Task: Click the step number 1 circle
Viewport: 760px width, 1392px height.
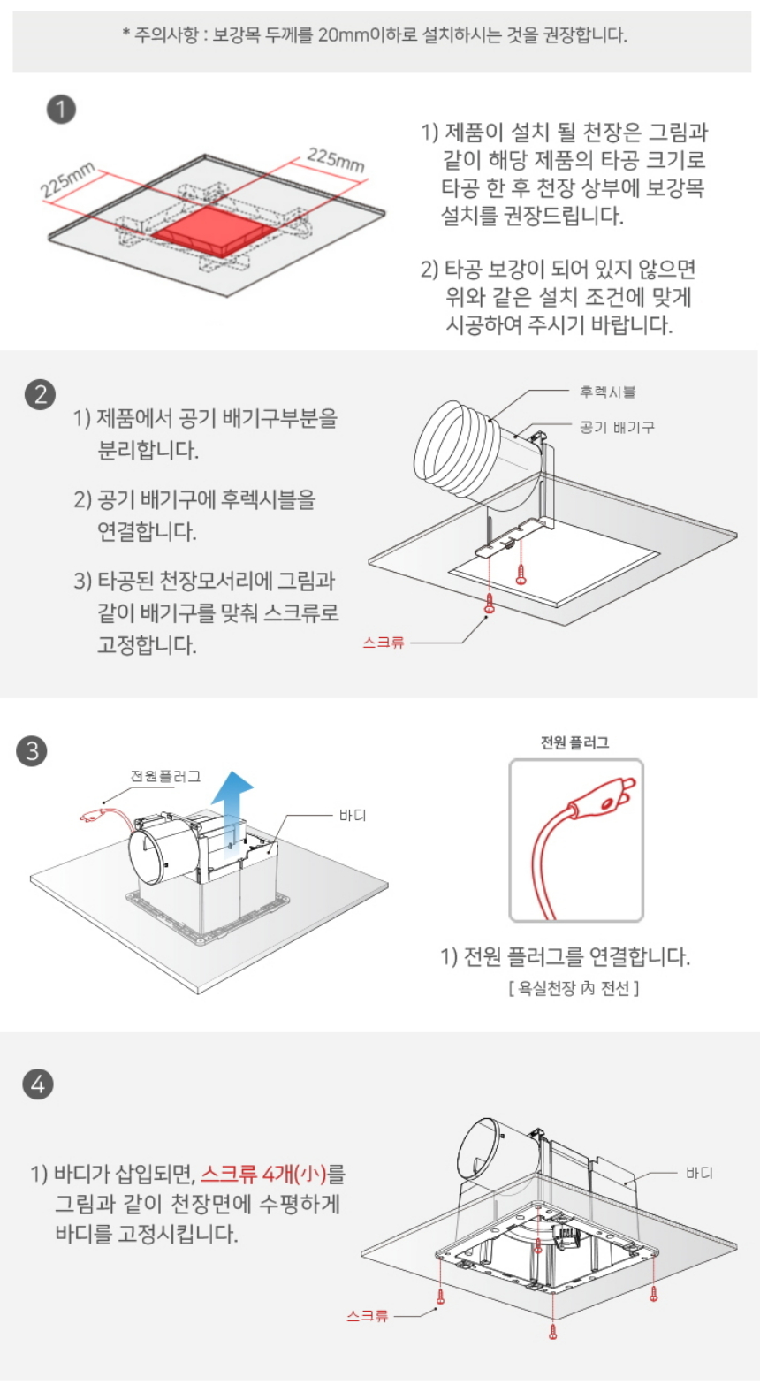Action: click(x=61, y=110)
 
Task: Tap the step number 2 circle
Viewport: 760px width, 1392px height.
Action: click(x=41, y=394)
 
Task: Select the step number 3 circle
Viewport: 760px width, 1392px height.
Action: click(x=32, y=750)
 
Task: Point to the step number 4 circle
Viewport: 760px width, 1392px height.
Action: click(x=38, y=1084)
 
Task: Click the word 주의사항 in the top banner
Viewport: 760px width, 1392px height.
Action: click(x=159, y=34)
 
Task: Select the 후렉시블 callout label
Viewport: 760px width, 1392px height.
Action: click(x=608, y=392)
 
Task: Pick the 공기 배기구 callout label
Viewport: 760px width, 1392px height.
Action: click(x=617, y=427)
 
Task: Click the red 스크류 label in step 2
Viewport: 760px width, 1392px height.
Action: click(x=384, y=643)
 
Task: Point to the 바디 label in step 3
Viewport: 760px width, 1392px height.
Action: click(x=353, y=815)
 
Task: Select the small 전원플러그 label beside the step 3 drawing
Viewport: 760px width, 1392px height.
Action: click(x=165, y=776)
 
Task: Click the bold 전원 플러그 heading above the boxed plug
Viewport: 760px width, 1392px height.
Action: click(x=574, y=742)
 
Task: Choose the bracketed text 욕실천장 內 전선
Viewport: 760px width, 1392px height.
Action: click(x=574, y=988)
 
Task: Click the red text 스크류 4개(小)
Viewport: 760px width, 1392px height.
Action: click(x=263, y=1174)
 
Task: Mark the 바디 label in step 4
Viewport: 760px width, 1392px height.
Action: click(x=699, y=1173)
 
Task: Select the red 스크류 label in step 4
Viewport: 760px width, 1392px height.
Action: click(x=368, y=1316)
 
